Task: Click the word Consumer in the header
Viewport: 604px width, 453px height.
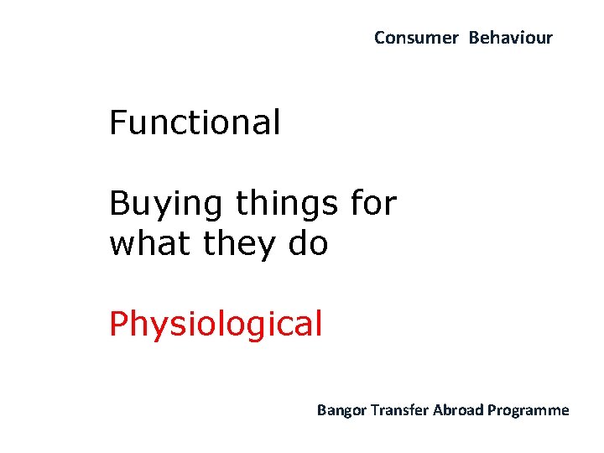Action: pos(416,38)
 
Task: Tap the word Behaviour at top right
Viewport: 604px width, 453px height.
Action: pos(510,38)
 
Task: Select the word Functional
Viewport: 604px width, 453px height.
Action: pos(195,123)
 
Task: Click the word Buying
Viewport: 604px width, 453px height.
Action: pos(166,205)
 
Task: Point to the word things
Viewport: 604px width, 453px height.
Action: pos(285,203)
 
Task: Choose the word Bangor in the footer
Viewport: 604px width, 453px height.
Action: pos(340,410)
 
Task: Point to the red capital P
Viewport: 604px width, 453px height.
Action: pos(118,323)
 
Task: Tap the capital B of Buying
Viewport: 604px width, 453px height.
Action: pos(119,203)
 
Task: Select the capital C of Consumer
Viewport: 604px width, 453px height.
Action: pos(379,38)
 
